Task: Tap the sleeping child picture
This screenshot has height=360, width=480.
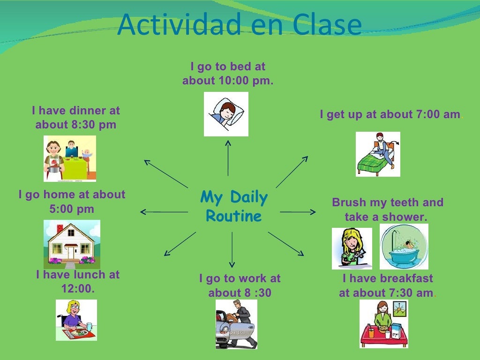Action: [x=226, y=114]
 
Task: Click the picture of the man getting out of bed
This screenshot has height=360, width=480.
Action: [x=378, y=154]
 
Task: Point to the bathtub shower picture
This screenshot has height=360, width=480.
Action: [x=404, y=247]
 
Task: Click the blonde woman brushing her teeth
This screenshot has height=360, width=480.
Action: [x=352, y=248]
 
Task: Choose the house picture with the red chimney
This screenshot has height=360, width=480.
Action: [x=72, y=244]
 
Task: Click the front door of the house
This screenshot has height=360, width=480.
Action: [x=71, y=253]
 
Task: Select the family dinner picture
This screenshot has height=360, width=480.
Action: [x=69, y=158]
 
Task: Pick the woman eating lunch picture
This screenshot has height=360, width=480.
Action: [x=76, y=320]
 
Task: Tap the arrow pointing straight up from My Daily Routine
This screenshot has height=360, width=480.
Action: [x=228, y=157]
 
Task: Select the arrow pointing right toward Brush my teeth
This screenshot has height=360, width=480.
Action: [x=298, y=212]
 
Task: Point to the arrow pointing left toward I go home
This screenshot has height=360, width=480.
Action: [x=164, y=212]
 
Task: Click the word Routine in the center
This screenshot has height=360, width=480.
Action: [x=233, y=217]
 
